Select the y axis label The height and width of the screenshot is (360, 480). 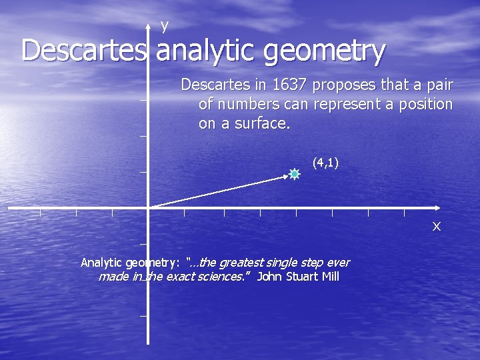tap(165, 25)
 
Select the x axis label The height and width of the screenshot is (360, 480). tap(436, 227)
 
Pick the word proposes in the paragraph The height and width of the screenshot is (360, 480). tap(341, 85)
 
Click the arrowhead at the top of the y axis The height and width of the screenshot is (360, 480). tap(148, 27)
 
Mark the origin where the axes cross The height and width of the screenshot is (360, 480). tap(148, 208)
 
